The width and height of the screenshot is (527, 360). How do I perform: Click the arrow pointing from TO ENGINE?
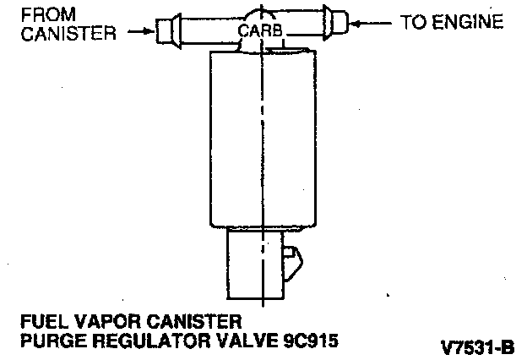[371, 22]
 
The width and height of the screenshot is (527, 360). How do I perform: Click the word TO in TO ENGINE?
[411, 22]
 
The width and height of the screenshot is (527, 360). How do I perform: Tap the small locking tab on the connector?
[291, 254]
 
